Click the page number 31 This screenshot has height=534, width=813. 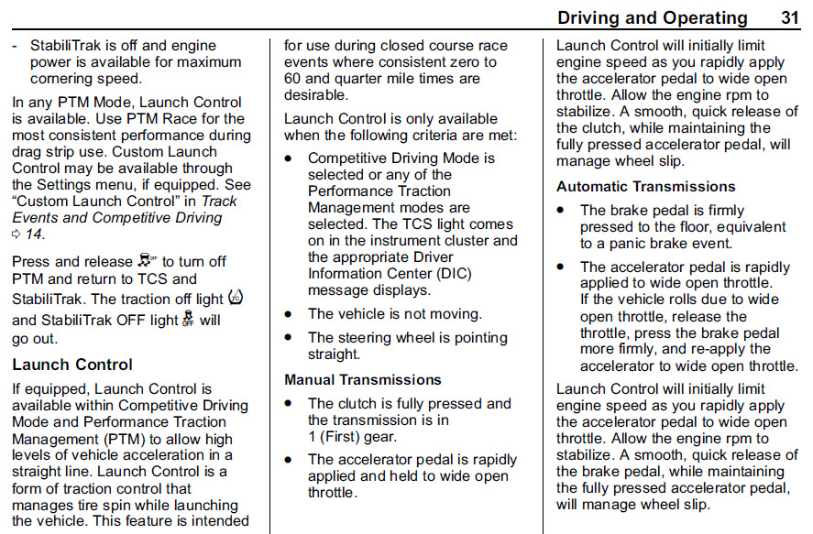click(x=790, y=17)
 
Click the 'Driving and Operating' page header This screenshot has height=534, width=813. click(x=653, y=18)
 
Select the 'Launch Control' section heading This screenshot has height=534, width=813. click(x=72, y=365)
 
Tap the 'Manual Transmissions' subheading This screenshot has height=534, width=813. click(x=363, y=379)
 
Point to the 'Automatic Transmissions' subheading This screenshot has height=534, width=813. click(x=646, y=187)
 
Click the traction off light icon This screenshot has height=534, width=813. click(x=236, y=298)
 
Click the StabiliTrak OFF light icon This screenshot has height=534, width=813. click(x=188, y=318)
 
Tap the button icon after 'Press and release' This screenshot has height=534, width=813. click(x=148, y=260)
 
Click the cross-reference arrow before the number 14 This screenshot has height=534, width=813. click(x=16, y=234)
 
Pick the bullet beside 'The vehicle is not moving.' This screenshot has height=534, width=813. click(x=289, y=314)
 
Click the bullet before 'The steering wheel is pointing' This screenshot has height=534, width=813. click(x=289, y=338)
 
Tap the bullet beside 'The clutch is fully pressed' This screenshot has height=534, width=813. click(x=289, y=404)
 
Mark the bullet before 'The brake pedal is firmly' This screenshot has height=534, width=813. click(x=561, y=211)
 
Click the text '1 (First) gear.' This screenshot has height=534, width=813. click(x=353, y=437)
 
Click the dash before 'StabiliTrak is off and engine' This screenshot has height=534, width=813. click(x=15, y=47)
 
